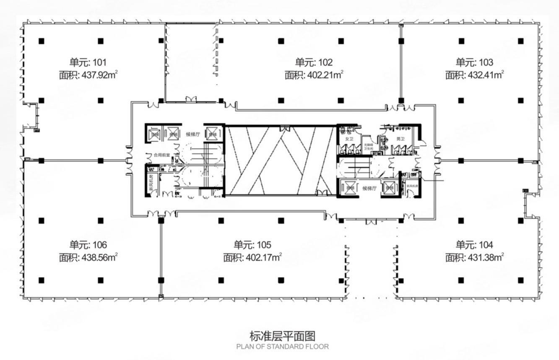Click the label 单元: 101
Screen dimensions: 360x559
88,62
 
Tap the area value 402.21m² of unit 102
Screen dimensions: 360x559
314,75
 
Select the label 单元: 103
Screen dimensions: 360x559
474,62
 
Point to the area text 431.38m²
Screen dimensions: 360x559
474,257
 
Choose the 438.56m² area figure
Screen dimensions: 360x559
88,257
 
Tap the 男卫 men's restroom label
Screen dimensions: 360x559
400,139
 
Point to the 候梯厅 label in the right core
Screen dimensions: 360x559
369,189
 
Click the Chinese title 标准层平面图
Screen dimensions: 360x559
282,336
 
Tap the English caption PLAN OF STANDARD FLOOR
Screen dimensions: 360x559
282,347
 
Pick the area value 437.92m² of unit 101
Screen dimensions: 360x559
88,75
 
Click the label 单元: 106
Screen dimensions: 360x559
88,245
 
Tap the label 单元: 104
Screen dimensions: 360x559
474,245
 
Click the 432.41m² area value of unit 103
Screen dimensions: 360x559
474,75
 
